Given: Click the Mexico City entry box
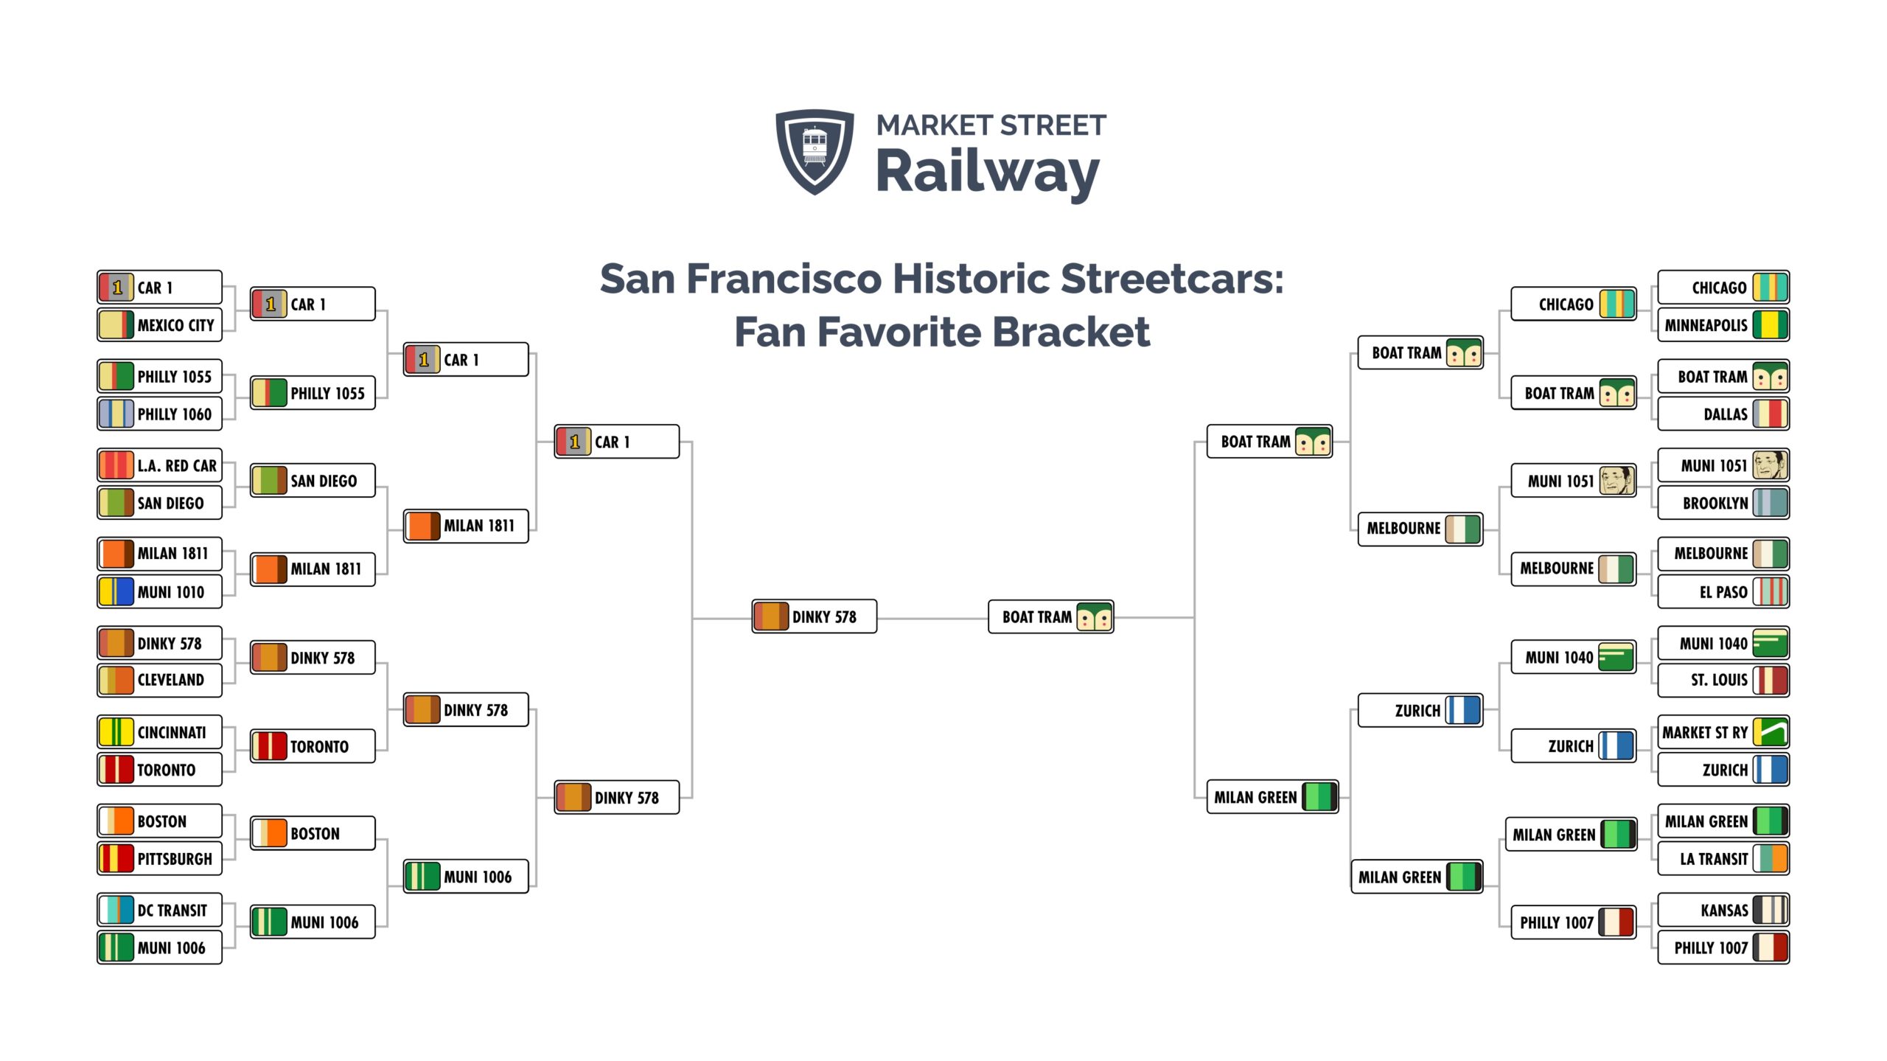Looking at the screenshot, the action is click(159, 325).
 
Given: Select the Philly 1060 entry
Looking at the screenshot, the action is click(159, 414).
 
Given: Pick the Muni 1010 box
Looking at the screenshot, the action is click(159, 591).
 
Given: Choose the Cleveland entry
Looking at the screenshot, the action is click(159, 680).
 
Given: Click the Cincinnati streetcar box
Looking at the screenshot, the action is click(159, 732).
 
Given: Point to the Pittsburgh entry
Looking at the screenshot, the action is click(159, 858).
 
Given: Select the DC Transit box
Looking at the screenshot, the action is click(159, 910).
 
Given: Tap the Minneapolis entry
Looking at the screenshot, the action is click(1723, 325).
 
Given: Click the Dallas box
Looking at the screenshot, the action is click(1723, 414).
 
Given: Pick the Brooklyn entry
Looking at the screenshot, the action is click(1723, 503).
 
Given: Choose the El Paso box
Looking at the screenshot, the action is click(1723, 591).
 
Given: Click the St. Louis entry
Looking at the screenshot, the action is click(1723, 680).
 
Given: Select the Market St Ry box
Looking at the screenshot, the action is click(1723, 732).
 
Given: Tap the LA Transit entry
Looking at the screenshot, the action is click(1723, 858).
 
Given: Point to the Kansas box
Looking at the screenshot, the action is click(1723, 910).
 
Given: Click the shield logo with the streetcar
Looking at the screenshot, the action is click(815, 152).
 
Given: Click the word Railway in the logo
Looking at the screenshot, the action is click(988, 174).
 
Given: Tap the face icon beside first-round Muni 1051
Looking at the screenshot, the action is click(1770, 465).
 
